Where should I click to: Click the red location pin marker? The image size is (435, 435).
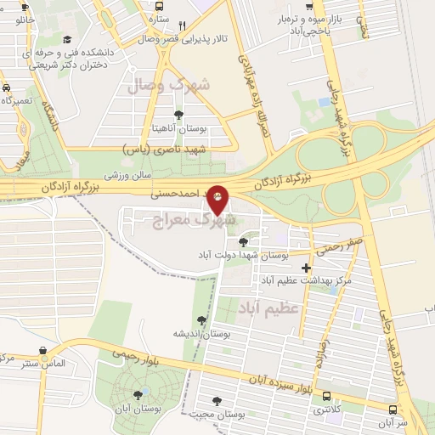pos(217,199)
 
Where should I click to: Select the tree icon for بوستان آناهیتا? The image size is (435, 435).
pos(178,115)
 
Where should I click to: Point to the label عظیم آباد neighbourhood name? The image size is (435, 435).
pos(269,307)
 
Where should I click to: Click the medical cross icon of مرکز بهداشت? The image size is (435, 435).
pos(306,268)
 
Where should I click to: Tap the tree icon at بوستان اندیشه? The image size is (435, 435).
pos(201,320)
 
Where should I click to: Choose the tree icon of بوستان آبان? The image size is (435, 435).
pos(138,394)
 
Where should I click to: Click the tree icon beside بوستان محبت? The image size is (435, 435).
pos(217,400)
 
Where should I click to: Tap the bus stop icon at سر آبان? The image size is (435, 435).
pos(393,408)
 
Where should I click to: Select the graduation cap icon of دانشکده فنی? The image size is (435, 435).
pos(67,39)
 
